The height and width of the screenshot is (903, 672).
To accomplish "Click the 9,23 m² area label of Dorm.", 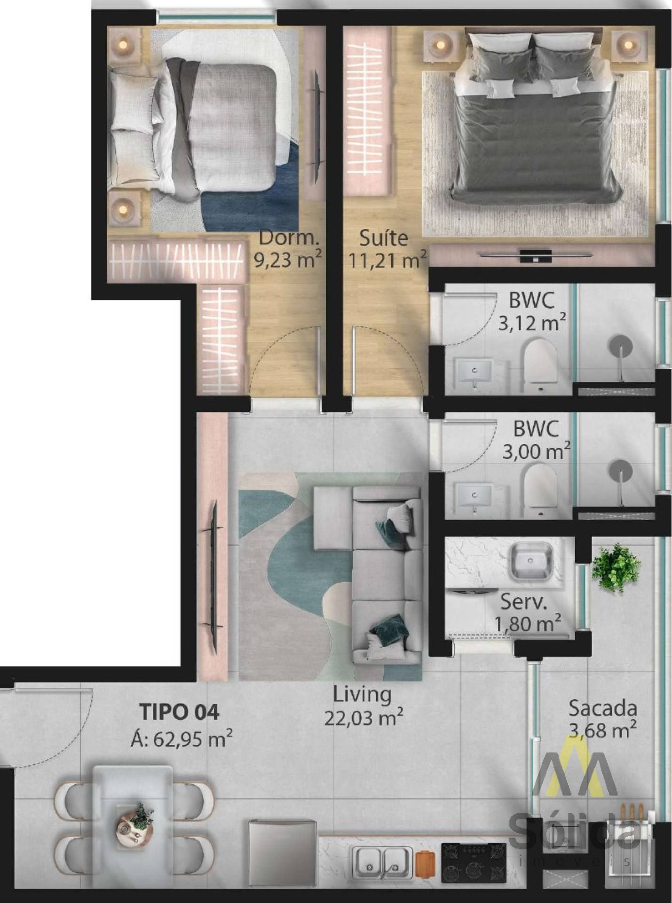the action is (x=288, y=259).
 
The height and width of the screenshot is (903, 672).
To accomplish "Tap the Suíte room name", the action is (x=384, y=238).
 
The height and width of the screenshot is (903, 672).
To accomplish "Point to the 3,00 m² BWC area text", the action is (x=536, y=451).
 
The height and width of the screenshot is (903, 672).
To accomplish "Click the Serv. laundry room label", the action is (x=523, y=602).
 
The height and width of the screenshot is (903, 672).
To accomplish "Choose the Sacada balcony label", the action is (x=602, y=708).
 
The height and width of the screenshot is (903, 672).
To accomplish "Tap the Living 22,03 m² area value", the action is (x=364, y=718).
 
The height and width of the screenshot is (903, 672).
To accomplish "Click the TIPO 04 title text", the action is (x=180, y=712).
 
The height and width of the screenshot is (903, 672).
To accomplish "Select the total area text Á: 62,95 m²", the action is (x=182, y=739).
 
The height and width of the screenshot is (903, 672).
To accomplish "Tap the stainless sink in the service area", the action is (x=531, y=561).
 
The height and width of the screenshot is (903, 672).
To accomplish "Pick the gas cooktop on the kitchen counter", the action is (x=474, y=863).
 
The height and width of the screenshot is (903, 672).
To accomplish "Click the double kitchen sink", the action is (x=382, y=863).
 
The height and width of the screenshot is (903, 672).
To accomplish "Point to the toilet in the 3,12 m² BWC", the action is (x=539, y=366).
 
